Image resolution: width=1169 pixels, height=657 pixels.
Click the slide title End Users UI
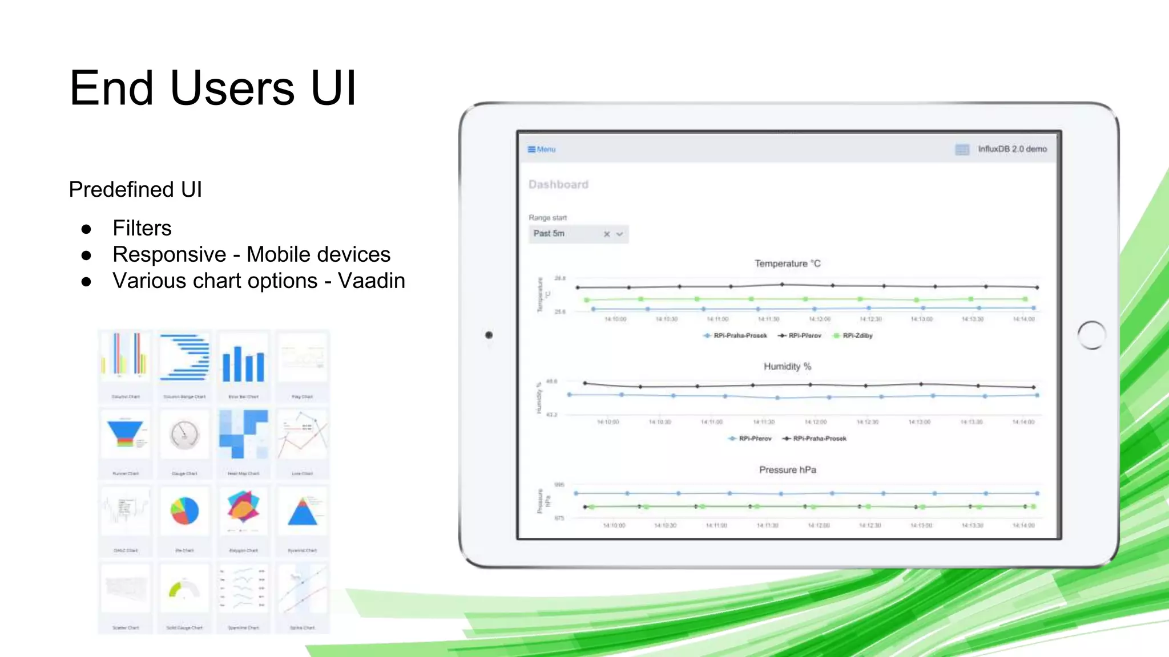coord(212,88)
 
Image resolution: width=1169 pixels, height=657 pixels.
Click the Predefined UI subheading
coord(135,189)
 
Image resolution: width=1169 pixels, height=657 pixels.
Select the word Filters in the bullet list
coord(142,228)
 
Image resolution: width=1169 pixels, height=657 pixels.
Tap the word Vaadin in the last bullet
coord(371,281)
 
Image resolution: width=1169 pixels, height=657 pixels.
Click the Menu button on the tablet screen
coord(542,149)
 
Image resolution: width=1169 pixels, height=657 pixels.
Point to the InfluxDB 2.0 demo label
coord(1012,149)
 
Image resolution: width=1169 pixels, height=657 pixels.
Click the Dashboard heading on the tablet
coord(558,185)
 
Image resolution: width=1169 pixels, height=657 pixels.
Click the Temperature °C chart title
coord(787,263)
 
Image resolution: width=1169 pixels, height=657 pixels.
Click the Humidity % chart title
coord(787,367)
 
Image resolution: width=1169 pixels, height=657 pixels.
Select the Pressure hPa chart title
coord(787,470)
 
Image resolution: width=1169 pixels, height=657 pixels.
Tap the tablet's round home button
coord(1091,335)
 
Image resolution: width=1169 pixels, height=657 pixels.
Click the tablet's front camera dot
coord(489,335)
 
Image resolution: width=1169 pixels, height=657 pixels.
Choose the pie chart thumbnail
coord(184,511)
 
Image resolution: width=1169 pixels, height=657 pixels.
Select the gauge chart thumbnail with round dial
coord(184,435)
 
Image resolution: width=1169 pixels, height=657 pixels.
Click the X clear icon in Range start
coord(607,234)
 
